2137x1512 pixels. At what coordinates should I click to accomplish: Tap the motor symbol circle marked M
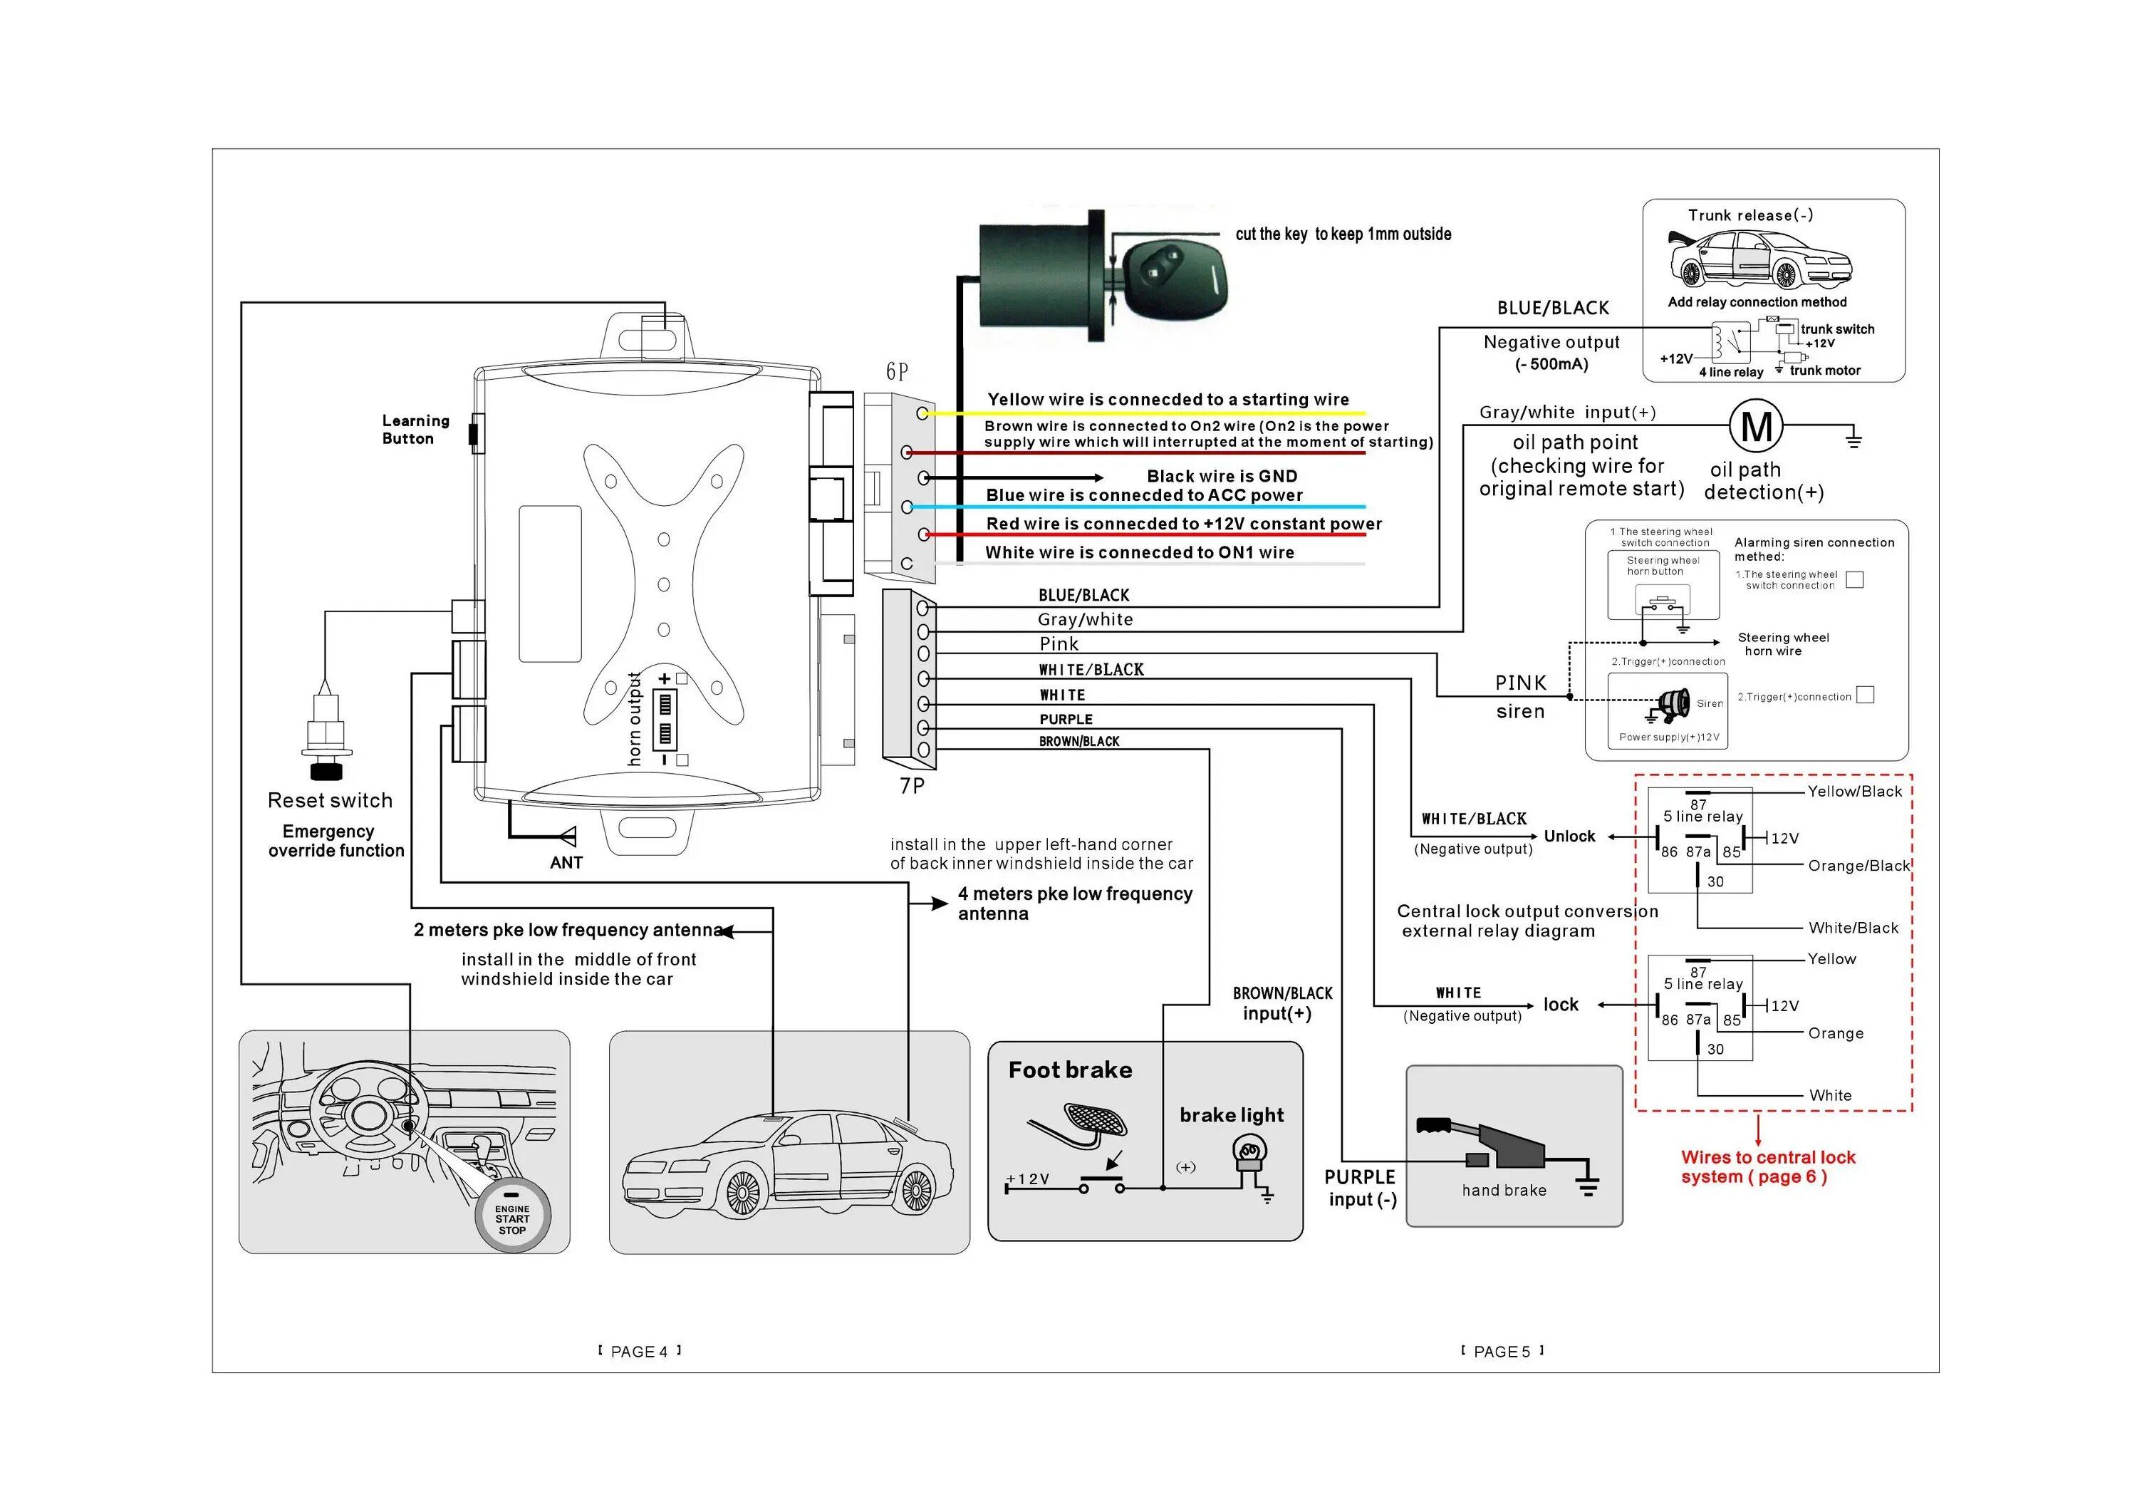point(1757,426)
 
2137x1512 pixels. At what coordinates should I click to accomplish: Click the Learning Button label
point(415,429)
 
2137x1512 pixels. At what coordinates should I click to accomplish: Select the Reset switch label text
point(330,801)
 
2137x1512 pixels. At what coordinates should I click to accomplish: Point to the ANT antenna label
point(566,863)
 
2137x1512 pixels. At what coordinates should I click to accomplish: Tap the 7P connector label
point(912,786)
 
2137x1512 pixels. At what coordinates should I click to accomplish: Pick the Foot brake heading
point(1071,1070)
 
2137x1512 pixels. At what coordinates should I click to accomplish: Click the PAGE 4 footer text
point(640,1352)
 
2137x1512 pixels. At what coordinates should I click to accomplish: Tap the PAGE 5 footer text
point(1502,1352)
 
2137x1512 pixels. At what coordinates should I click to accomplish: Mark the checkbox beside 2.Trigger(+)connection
point(1865,695)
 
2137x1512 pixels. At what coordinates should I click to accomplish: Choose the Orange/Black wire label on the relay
point(1858,866)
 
